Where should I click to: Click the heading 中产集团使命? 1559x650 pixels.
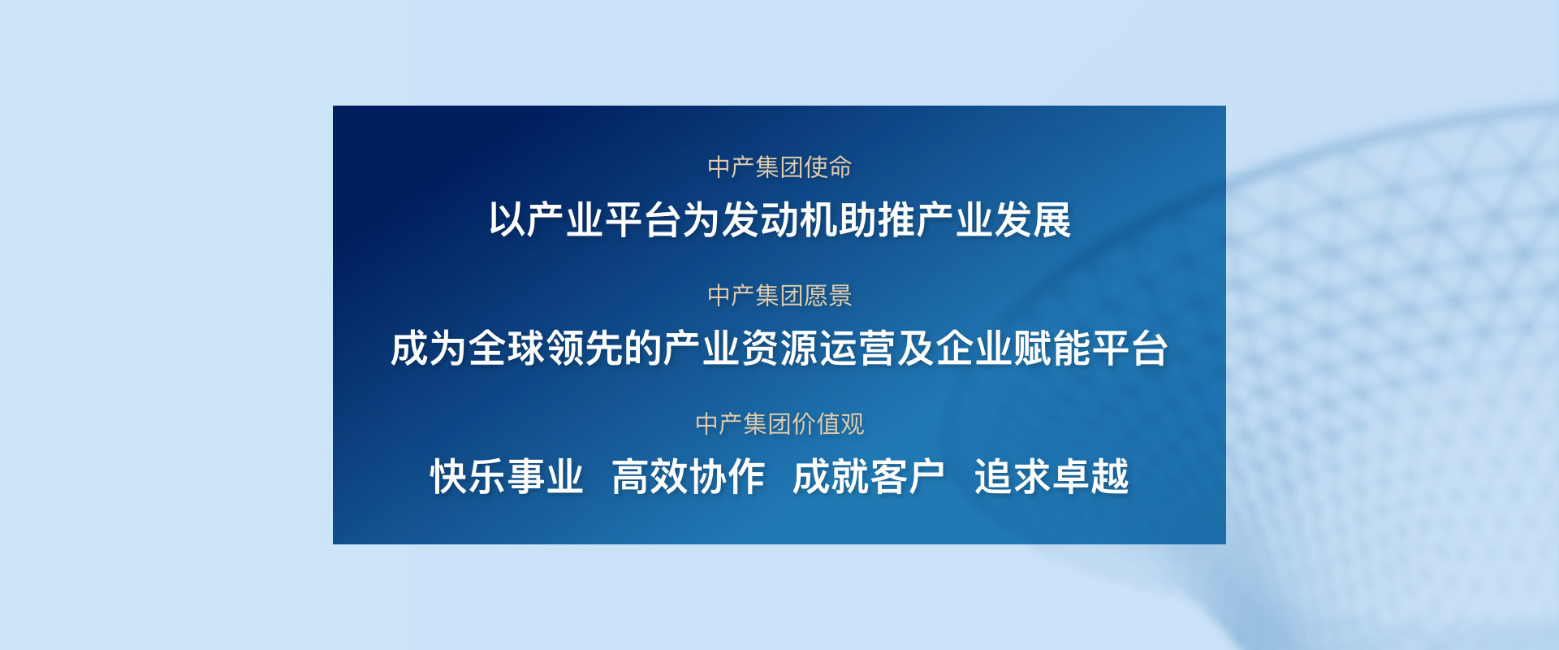pos(779,167)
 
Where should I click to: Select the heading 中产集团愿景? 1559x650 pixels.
pos(779,296)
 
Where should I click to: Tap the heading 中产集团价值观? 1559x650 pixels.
pos(779,424)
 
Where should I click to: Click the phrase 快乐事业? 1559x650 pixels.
pos(507,477)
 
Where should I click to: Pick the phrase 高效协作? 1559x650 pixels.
pos(689,477)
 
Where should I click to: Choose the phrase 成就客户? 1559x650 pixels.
pos(870,477)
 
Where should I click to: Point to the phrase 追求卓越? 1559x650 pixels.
pos(1052,477)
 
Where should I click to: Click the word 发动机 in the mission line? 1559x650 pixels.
pos(779,220)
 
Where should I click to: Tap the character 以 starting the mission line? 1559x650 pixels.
pos(507,220)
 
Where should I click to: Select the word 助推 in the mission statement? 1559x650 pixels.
pos(877,220)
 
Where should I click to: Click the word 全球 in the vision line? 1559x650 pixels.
pos(507,349)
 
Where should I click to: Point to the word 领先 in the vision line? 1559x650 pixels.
pos(585,349)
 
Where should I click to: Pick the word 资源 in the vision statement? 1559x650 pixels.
pos(779,349)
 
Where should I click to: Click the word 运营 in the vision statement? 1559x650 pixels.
pos(857,349)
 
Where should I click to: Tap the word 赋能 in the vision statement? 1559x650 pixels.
pos(1052,349)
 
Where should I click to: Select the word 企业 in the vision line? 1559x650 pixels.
pos(974,349)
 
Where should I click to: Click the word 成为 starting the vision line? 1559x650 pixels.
pos(429,349)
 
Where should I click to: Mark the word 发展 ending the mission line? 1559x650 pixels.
pos(1033,220)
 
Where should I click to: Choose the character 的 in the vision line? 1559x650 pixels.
pos(643,349)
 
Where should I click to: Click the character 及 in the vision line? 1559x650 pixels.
pos(916,349)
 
